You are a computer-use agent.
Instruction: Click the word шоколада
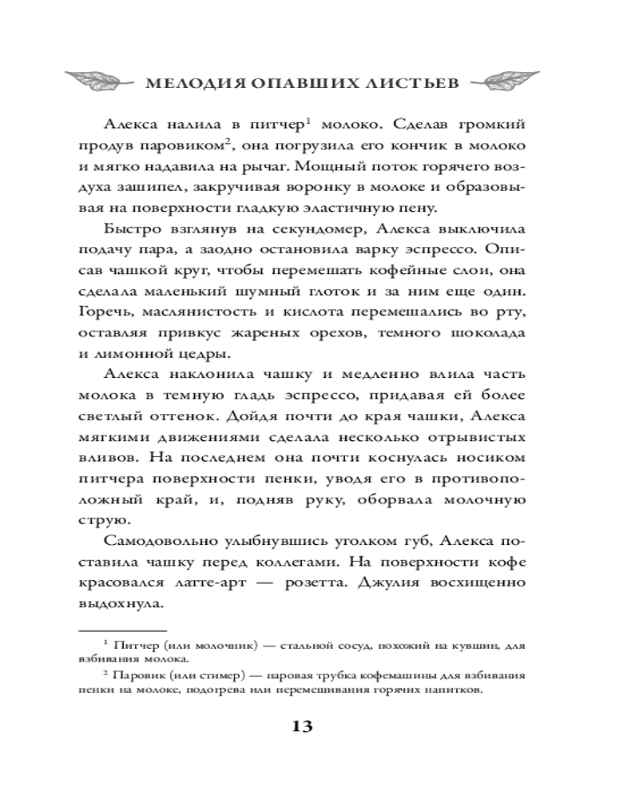[x=483, y=332]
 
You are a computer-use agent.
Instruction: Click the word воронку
[x=349, y=186]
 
